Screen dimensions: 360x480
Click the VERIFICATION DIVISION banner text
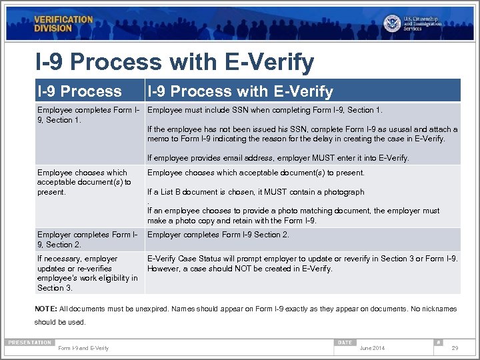click(x=63, y=24)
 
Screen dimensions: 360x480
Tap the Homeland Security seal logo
click(x=392, y=23)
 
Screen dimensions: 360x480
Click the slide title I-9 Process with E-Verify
click(x=175, y=62)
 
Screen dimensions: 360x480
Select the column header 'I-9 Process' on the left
click(x=79, y=91)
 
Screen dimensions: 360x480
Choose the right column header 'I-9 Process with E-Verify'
click(x=240, y=91)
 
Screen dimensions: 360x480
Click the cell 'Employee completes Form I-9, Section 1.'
click(x=88, y=115)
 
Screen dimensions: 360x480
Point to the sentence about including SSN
click(x=265, y=110)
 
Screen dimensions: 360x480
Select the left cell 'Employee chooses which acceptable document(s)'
click(x=84, y=182)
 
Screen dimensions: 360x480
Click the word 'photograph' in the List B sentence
click(x=343, y=192)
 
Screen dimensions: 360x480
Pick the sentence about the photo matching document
click(x=293, y=215)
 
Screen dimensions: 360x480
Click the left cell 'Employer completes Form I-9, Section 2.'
click(x=88, y=239)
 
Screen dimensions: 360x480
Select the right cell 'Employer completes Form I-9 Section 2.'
click(x=218, y=235)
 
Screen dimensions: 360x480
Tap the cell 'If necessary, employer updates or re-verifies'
click(x=87, y=273)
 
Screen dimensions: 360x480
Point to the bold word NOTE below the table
click(x=45, y=309)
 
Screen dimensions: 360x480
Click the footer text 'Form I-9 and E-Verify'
click(x=83, y=348)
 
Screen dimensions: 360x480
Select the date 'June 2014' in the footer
click(x=371, y=348)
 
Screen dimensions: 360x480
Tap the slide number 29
click(x=455, y=348)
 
